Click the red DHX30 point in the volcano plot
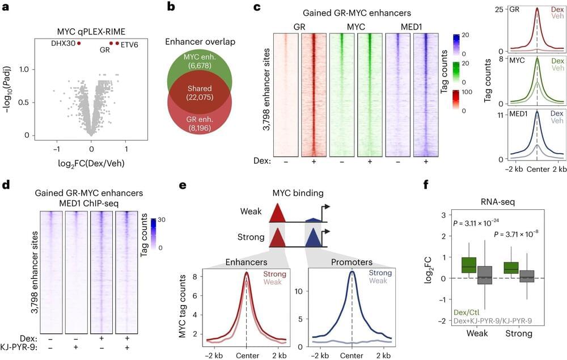(x=79, y=43)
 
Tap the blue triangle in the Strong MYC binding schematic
(x=313, y=239)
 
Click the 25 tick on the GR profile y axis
(x=499, y=10)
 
